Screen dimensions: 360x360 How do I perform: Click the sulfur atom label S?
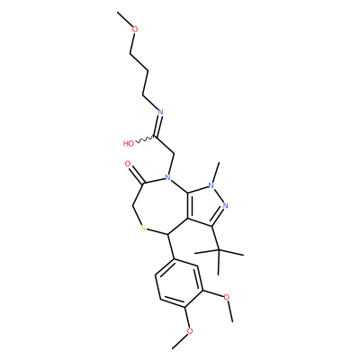143,229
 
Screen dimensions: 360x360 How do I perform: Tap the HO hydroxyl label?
129,144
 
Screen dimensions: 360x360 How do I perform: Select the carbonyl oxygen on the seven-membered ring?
128,164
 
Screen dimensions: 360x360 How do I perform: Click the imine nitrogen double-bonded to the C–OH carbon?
160,112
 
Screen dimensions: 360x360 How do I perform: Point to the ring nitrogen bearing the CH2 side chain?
168,177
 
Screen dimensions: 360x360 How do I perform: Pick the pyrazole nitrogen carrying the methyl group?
211,186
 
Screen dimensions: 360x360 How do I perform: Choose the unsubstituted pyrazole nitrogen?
226,206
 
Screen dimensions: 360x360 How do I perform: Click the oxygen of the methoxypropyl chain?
135,30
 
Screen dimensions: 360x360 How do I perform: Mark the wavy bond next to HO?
145,139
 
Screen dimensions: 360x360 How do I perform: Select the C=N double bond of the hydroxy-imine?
158,125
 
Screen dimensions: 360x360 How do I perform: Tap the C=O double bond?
137,175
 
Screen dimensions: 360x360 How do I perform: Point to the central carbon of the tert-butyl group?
219,249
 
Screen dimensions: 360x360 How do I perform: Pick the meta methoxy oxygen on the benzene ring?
227,297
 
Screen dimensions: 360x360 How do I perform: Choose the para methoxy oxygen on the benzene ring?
190,331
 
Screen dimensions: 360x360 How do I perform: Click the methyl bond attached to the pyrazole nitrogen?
216,172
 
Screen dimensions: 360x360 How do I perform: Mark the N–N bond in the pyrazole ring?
219,196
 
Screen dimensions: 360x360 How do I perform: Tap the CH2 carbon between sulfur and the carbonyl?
133,207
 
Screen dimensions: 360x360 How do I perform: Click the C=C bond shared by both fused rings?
188,205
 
